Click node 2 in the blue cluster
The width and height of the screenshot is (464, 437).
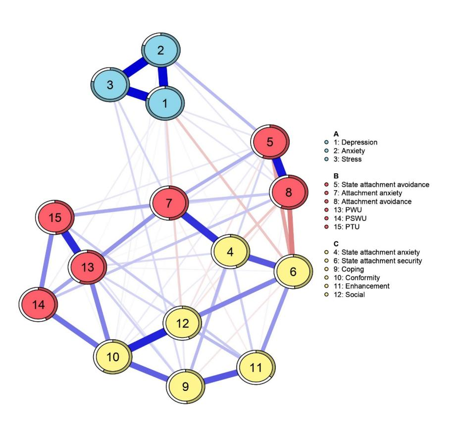click(x=160, y=51)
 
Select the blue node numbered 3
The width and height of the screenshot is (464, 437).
click(x=110, y=85)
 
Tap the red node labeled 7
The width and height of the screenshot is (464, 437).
click(x=169, y=204)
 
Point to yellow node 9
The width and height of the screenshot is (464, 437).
click(x=186, y=386)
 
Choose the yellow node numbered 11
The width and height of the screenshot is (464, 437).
click(x=256, y=368)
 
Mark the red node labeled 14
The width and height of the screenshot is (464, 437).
click(x=39, y=305)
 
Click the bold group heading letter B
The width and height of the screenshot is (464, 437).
click(x=336, y=175)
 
